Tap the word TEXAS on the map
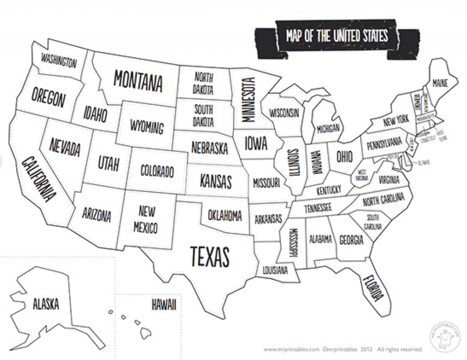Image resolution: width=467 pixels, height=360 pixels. coord(209,257)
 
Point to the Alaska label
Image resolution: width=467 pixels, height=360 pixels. coord(46,303)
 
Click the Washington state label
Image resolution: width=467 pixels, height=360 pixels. coord(58,61)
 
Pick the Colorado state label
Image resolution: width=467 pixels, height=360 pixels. coord(157,172)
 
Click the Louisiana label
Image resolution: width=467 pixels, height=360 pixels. coord(275,270)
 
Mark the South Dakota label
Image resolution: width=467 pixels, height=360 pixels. coord(204,116)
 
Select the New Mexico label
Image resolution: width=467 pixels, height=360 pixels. coord(147,219)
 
